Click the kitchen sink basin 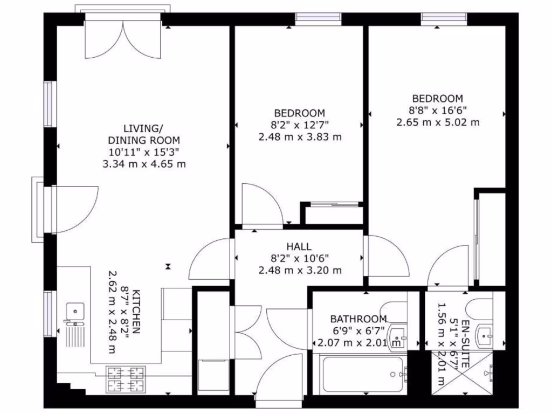74,310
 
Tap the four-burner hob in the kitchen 126,379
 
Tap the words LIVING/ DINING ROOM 143,134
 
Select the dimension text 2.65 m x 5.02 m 438,122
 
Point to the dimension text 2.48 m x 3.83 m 300,137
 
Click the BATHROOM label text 358,319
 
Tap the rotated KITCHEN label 136,312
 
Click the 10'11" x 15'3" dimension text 143,152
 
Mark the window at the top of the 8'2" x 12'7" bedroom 319,18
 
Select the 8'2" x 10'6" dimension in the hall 300,258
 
